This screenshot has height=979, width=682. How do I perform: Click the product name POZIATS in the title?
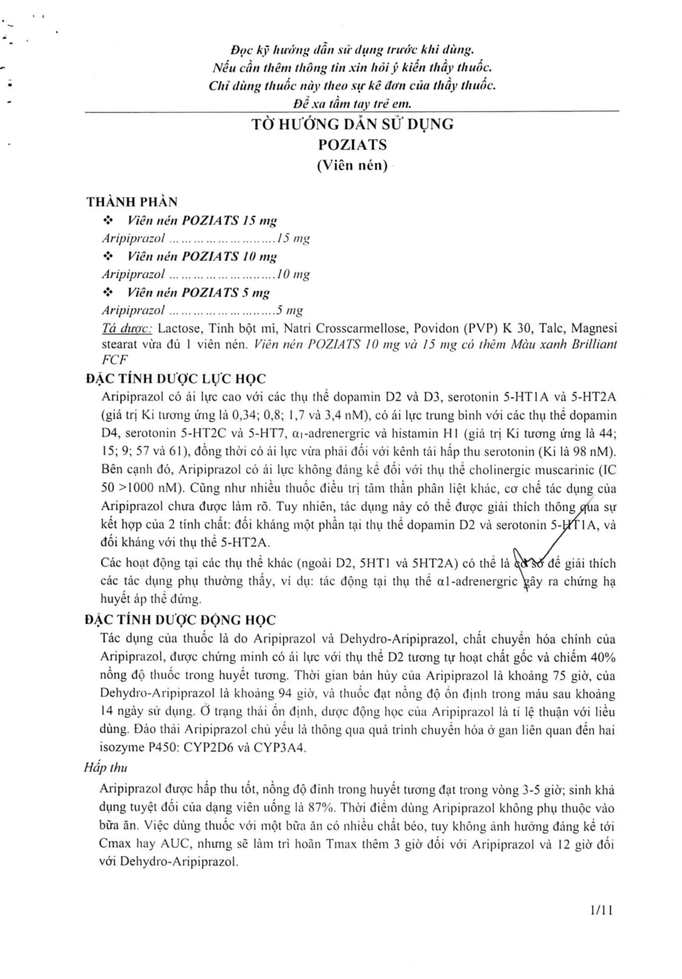point(352,145)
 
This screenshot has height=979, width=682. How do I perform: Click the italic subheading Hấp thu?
point(105,768)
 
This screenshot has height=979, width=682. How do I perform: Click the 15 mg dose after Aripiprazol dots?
point(293,238)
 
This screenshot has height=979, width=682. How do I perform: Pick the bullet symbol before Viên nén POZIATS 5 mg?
point(108,293)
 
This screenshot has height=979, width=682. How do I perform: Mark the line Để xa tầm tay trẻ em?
point(352,104)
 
